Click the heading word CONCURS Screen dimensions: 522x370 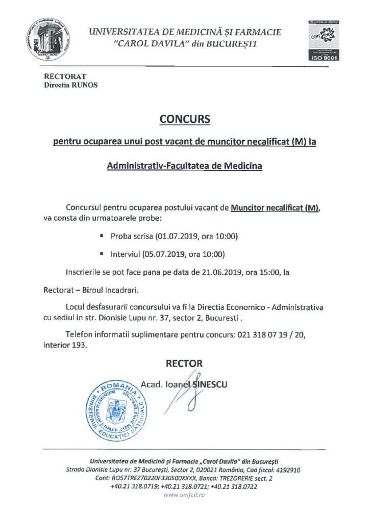point(185,120)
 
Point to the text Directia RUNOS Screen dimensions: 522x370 point(70,85)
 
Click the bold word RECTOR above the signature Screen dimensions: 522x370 point(184,363)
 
